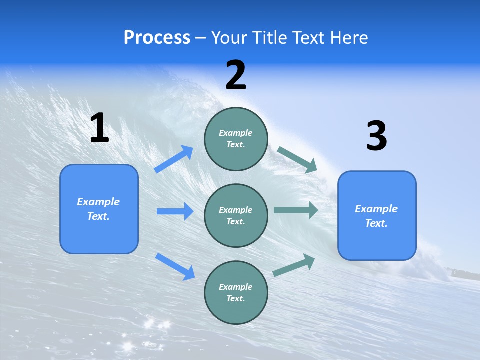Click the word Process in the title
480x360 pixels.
point(157,37)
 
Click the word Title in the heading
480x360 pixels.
point(267,37)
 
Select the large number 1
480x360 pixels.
point(99,128)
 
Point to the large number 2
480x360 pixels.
point(236,75)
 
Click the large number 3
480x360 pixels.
point(376,136)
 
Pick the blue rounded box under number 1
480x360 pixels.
point(99,209)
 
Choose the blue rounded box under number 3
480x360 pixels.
point(376,216)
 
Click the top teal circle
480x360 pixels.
point(236,139)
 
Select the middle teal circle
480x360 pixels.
point(236,216)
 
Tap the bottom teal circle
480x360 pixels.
point(236,292)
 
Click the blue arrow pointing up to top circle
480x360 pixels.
point(174,159)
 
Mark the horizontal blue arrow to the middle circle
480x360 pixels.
point(175,211)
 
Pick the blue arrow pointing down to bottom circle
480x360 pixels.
point(175,266)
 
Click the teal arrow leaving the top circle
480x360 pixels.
point(297,159)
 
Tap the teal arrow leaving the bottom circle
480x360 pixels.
point(294,265)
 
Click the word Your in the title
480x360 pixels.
point(228,37)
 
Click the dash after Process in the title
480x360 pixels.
point(201,38)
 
